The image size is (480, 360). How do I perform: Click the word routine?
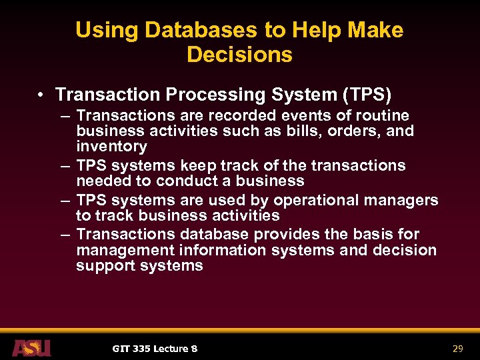tap(379, 116)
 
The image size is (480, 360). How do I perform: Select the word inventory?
tap(111, 146)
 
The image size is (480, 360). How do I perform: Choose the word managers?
tap(407, 200)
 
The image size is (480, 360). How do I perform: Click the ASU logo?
tap(31, 348)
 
